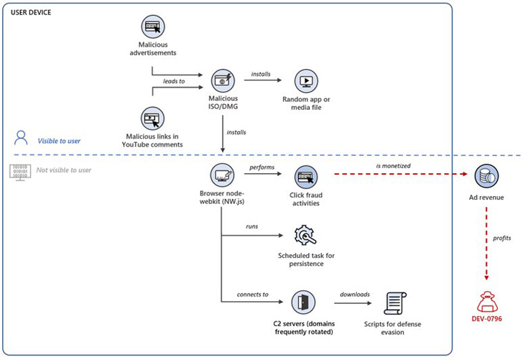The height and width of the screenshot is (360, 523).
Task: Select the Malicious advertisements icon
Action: [x=153, y=27]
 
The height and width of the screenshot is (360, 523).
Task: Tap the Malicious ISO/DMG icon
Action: [x=222, y=80]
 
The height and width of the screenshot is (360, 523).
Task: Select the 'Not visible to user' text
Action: [x=63, y=170]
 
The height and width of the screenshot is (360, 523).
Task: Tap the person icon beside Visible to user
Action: [x=21, y=139]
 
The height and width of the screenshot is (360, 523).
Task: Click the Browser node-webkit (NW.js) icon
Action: [x=221, y=175]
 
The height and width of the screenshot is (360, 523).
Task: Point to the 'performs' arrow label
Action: [x=262, y=167]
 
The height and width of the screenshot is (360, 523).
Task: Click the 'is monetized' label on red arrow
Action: [x=393, y=166]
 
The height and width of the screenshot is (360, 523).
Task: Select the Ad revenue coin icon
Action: [x=486, y=176]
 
